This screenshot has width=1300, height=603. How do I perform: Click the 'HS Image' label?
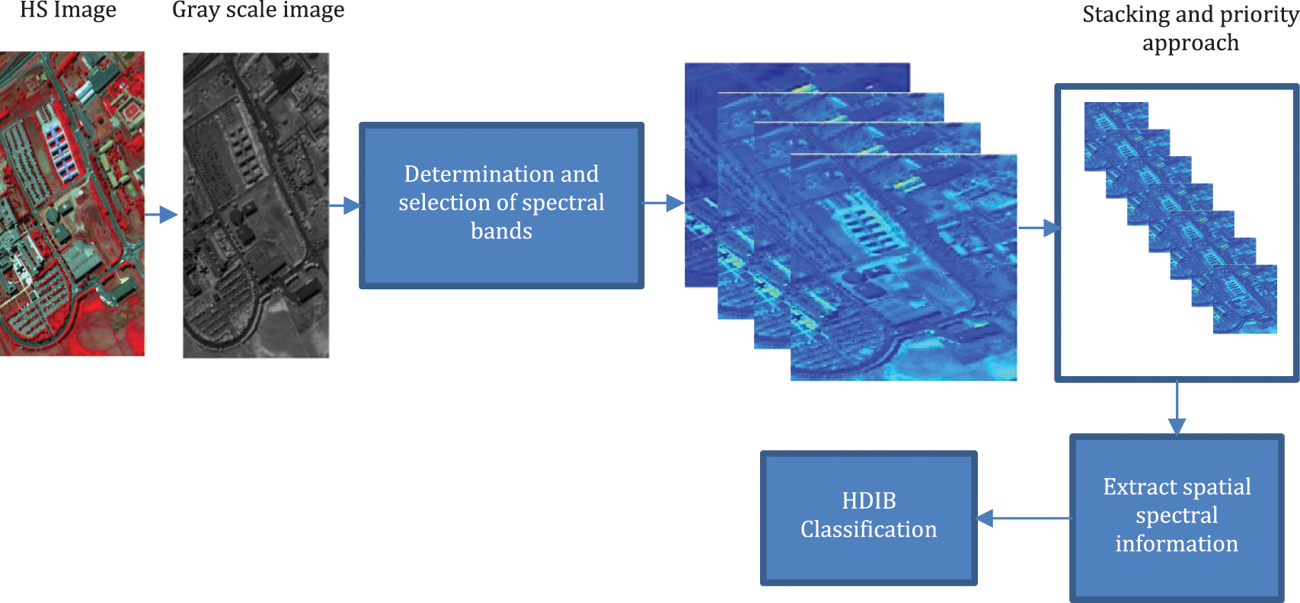tap(68, 11)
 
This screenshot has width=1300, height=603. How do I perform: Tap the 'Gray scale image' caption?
tap(258, 11)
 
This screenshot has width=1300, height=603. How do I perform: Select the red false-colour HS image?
tap(72, 203)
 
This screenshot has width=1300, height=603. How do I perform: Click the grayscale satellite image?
tap(256, 205)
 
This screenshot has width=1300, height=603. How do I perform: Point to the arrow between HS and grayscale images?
tap(161, 215)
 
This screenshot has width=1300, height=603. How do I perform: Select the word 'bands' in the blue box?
tap(501, 231)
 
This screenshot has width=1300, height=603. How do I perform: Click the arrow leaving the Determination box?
tap(664, 203)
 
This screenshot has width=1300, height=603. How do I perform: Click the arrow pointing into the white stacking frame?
tap(1039, 228)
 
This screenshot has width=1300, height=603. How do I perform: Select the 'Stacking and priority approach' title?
tap(1190, 29)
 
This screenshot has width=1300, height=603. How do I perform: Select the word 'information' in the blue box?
tap(1177, 544)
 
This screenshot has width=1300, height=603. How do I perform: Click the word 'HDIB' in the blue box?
tap(869, 501)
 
